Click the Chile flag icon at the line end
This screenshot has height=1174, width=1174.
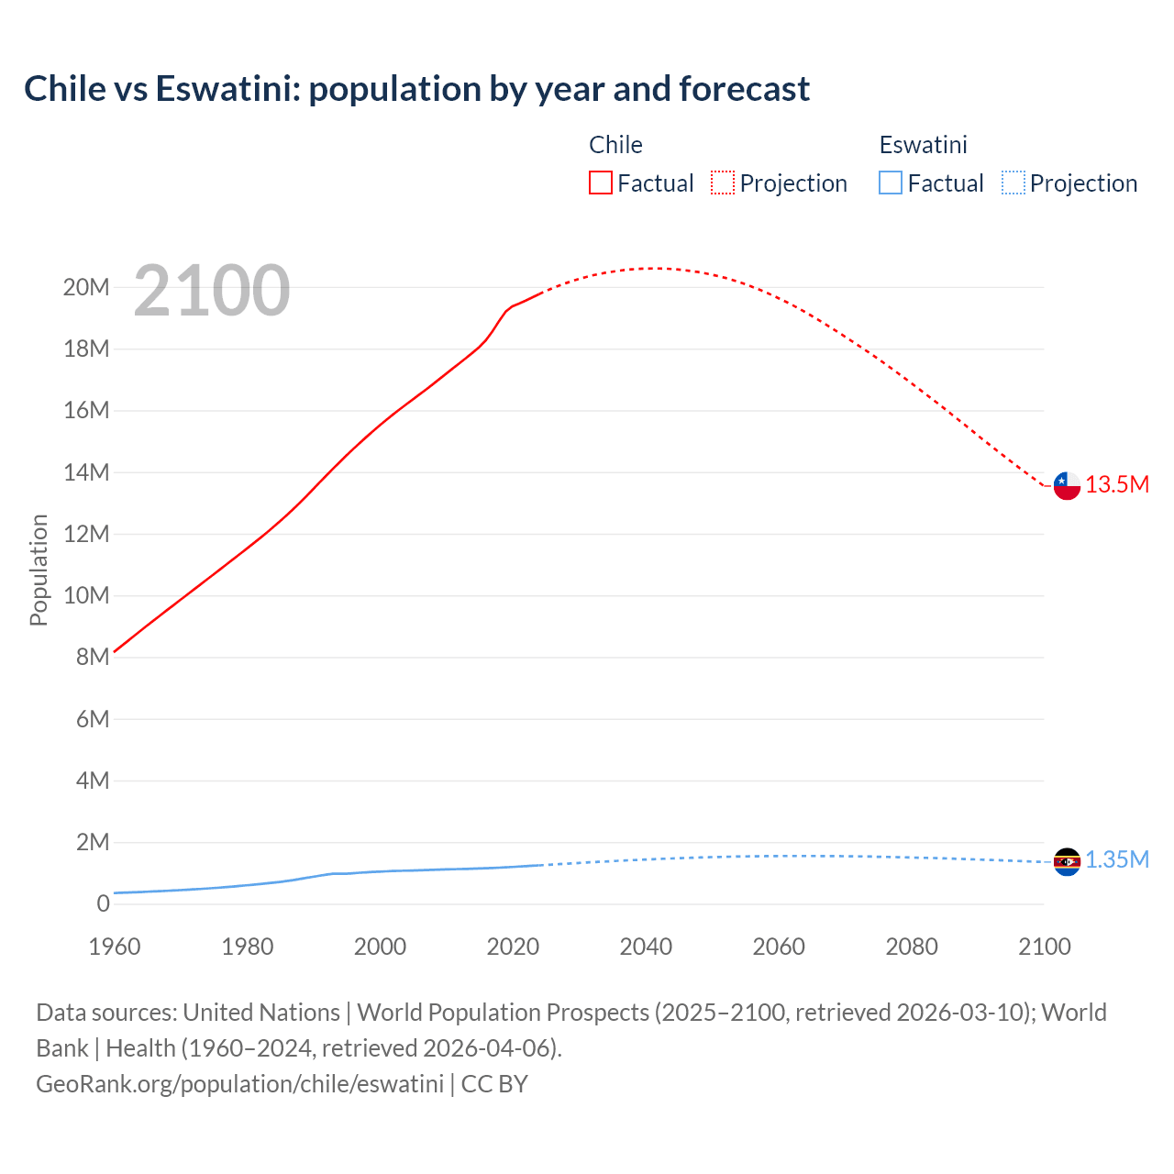[1067, 485]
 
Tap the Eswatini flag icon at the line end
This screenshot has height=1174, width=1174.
[1067, 861]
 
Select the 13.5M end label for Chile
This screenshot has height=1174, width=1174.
[1117, 485]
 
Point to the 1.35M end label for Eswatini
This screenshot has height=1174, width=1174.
[1117, 860]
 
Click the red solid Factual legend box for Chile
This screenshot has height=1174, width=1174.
[600, 183]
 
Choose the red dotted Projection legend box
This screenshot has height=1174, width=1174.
[723, 183]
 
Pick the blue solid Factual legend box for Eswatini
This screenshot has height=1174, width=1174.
[891, 183]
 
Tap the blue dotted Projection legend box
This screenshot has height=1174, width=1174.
[1013, 183]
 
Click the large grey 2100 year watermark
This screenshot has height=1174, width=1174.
[212, 291]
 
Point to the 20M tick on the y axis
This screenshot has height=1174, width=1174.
[86, 288]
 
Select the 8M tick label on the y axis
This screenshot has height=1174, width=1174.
[93, 658]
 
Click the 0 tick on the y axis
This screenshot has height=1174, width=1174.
[103, 904]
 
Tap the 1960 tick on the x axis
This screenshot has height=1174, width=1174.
[115, 947]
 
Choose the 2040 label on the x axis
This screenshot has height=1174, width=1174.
[646, 947]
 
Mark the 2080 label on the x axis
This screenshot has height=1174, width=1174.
[912, 947]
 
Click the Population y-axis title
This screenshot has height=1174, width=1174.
[39, 570]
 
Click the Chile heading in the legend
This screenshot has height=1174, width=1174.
[615, 145]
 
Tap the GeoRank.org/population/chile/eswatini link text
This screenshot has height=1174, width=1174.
[239, 1084]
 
